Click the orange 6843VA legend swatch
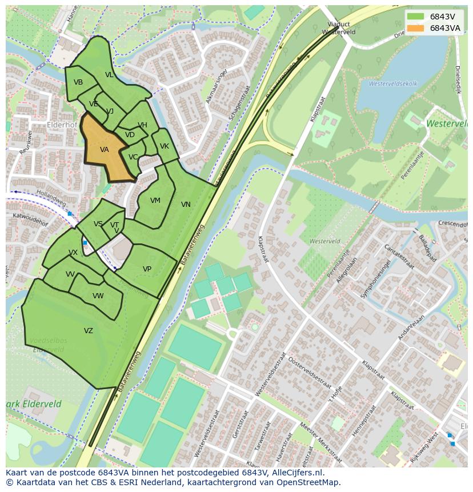415,28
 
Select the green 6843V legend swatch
415,17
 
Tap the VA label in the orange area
105,150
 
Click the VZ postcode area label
88,331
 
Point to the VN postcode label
186,205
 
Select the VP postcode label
147,269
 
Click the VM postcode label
155,201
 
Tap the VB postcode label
78,82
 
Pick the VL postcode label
109,75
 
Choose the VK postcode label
165,146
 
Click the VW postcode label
98,296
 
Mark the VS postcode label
98,224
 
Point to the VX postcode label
73,253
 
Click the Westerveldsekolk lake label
393,83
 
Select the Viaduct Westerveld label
338,28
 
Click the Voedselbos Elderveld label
48,345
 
